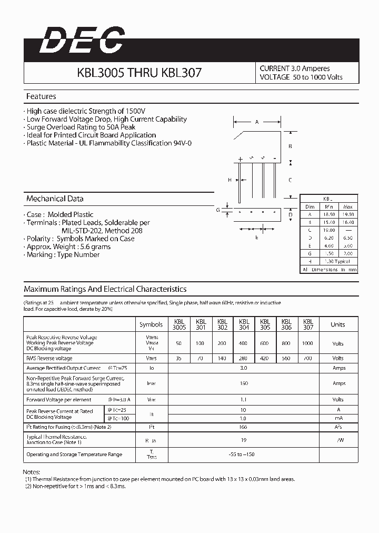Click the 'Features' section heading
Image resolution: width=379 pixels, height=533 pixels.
41,96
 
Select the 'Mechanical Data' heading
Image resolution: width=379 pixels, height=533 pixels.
55,199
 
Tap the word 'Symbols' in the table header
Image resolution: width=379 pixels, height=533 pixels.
151,324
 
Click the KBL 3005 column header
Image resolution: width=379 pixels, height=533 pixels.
179,324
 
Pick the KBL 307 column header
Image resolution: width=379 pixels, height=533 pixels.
308,324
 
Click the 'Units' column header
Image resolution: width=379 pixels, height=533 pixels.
337,324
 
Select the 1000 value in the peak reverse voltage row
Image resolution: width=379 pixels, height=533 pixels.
308,343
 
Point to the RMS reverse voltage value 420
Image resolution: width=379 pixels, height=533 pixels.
265,358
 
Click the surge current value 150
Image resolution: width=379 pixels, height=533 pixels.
244,383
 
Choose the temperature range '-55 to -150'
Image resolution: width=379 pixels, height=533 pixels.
244,454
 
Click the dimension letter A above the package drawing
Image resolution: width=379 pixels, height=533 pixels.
257,122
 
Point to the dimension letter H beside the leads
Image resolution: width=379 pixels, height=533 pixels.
230,180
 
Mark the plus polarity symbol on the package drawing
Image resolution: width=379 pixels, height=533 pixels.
240,159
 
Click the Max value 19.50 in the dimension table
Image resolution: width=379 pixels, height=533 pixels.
346,215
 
